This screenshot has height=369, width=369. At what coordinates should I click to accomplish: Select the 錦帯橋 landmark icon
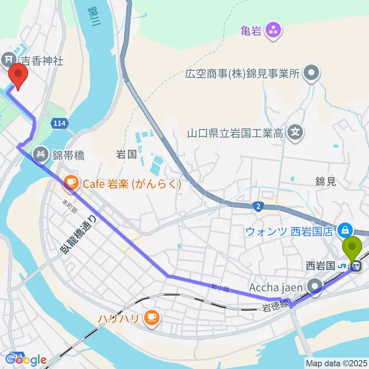coord(40,155)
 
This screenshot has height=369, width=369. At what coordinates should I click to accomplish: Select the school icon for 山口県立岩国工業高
coord(296,133)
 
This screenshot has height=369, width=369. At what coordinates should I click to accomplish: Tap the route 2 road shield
coord(258,207)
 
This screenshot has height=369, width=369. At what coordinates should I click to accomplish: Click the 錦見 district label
coord(326,181)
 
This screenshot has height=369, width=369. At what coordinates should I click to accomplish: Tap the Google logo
coord(26,359)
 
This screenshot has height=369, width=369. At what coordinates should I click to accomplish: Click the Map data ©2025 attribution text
coord(336,362)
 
